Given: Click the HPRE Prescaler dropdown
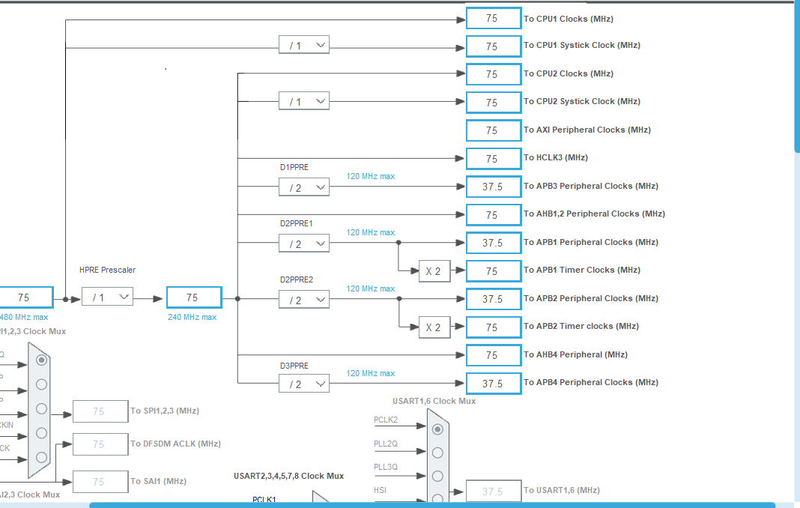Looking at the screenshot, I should pos(107,297).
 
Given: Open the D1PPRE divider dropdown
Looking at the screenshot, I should pos(304,187).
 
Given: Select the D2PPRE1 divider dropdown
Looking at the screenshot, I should pos(304,244).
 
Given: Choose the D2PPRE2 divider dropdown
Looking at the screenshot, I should pos(304,300).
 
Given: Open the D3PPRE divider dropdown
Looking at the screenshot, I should pos(304,384).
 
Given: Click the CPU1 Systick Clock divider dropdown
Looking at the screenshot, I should pos(304,46).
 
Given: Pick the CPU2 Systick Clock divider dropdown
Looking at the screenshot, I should pos(304,101).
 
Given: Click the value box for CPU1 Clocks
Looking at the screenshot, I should pos(493,19).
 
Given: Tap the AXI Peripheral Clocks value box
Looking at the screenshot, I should pos(493,130).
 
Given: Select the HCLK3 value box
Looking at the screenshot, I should pos(493,159).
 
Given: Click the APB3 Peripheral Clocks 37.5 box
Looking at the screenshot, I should pos(493,187).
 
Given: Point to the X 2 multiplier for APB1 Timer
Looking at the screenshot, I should pos(434,271).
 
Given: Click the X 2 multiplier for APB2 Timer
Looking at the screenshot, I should pos(434,327).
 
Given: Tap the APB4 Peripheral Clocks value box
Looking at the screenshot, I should pos(493,384).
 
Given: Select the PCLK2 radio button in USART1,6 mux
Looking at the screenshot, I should pos(437,429).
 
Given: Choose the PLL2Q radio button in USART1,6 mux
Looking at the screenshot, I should pos(437,453).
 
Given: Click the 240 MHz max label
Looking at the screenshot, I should pos(192,317).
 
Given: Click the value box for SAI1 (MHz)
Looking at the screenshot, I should pos(100,482).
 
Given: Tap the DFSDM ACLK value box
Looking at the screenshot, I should pos(100,444).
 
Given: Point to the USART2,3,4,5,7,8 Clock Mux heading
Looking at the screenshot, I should pos(288,476).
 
